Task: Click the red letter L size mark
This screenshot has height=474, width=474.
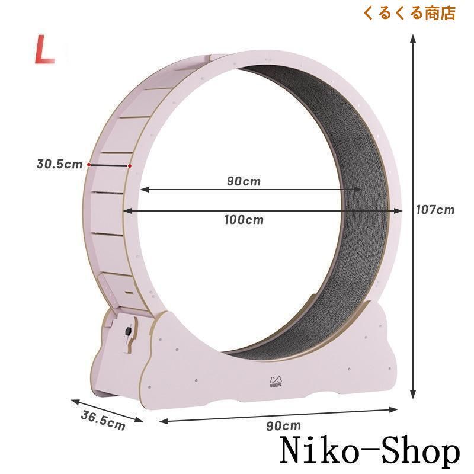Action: point(44,50)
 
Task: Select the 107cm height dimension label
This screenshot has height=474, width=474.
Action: point(435,209)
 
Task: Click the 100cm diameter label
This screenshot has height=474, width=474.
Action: point(244,220)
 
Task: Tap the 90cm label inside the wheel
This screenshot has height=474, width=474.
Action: point(244,181)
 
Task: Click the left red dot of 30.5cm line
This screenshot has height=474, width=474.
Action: point(89,164)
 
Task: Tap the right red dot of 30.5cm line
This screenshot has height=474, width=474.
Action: point(129,166)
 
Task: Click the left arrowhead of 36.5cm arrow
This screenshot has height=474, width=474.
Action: point(72,399)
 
